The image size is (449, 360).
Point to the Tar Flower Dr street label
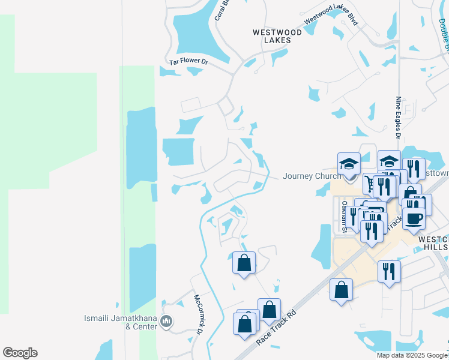point(188,61)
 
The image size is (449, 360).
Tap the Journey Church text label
point(312,176)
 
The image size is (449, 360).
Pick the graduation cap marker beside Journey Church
point(349,164)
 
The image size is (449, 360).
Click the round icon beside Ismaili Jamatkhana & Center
point(167,323)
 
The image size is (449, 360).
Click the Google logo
point(20,353)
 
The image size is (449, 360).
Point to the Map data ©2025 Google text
point(411,355)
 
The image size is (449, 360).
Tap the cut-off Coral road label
point(223,11)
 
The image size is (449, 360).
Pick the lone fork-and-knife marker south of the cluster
point(389,271)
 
